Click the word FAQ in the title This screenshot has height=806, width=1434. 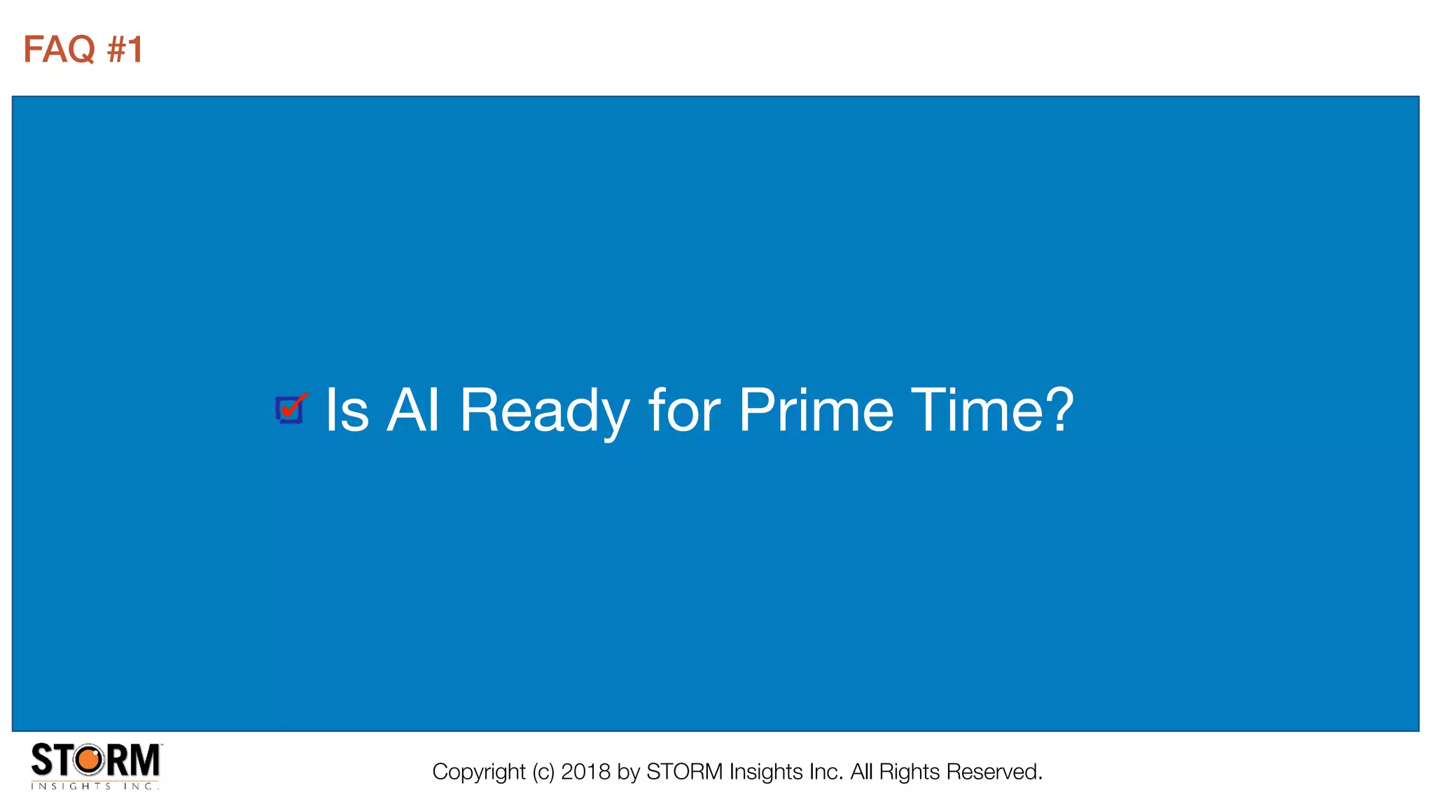pyautogui.click(x=59, y=50)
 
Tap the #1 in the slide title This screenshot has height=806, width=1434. pyautogui.click(x=125, y=50)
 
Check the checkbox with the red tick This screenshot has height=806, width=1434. pyautogui.click(x=290, y=409)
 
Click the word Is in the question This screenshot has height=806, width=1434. pyautogui.click(x=347, y=411)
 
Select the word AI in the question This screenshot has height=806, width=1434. pyautogui.click(x=413, y=411)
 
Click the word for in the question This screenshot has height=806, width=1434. pyautogui.click(x=684, y=411)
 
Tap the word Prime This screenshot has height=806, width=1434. pyautogui.click(x=816, y=411)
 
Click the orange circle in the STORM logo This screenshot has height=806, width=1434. pyautogui.click(x=89, y=760)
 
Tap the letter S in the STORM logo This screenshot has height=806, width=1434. pyautogui.click(x=41, y=761)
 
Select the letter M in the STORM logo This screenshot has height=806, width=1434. pyautogui.click(x=145, y=761)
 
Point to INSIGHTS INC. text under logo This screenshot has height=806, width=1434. pyautogui.click(x=95, y=786)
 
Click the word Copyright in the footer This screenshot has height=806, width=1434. pyautogui.click(x=478, y=772)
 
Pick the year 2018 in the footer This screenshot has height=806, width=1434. pyautogui.click(x=585, y=772)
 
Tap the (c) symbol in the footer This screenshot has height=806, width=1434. pyautogui.click(x=543, y=772)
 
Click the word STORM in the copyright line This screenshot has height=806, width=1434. pyautogui.click(x=684, y=772)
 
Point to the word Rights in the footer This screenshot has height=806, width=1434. pyautogui.click(x=909, y=772)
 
